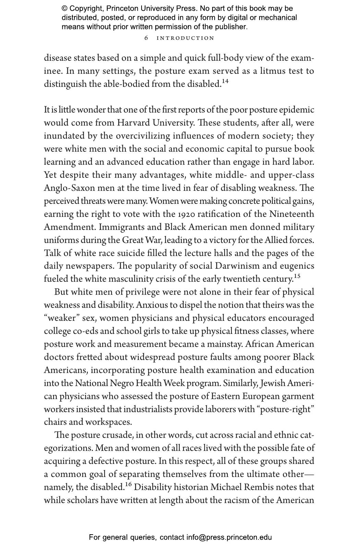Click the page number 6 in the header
146,38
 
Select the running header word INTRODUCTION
185,38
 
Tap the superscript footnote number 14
225,81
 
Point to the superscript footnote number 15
297,276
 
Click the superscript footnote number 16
128,484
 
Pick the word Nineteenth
291,214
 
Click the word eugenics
297,266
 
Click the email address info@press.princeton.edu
229,537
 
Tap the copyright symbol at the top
64,9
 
